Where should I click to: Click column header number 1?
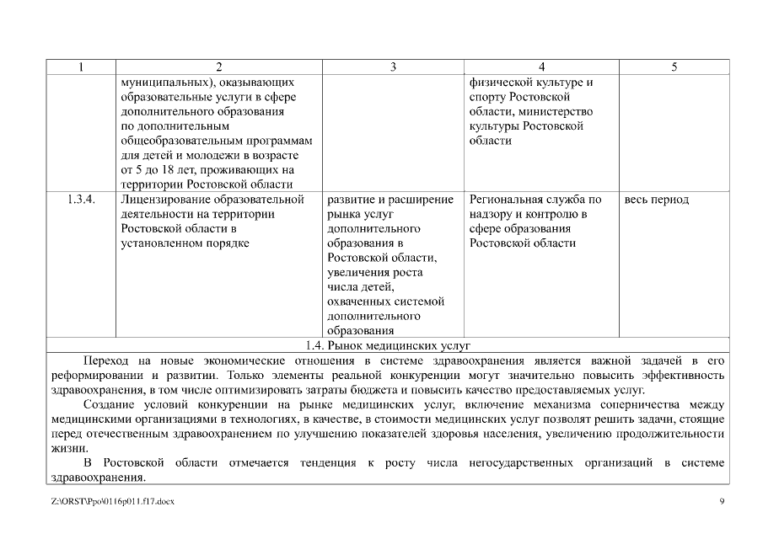coord(80,67)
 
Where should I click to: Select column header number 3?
coord(393,67)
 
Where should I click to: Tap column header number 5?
coord(674,67)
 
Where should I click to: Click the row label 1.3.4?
coord(80,200)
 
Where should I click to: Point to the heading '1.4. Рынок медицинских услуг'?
coord(387,345)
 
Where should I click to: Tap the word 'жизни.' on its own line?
coord(66,448)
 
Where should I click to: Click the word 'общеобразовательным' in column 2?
coord(178,141)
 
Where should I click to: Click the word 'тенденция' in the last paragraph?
coord(325,463)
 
